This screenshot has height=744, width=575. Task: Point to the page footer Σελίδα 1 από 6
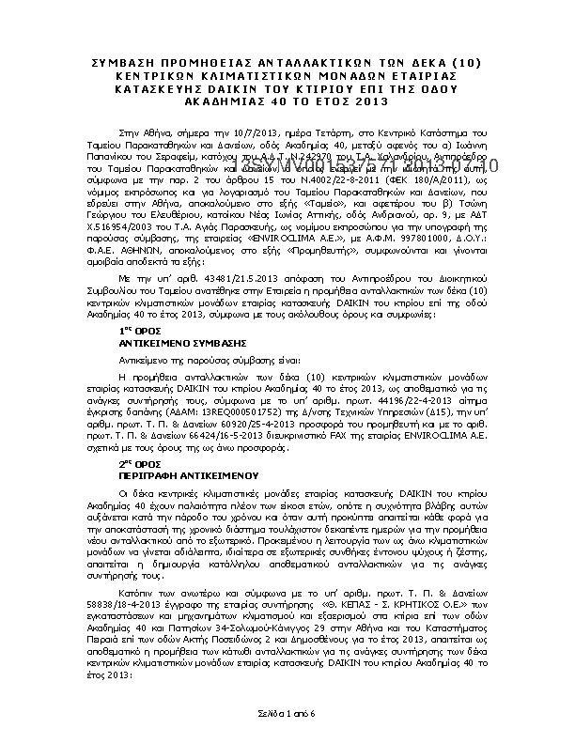coord(287,715)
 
